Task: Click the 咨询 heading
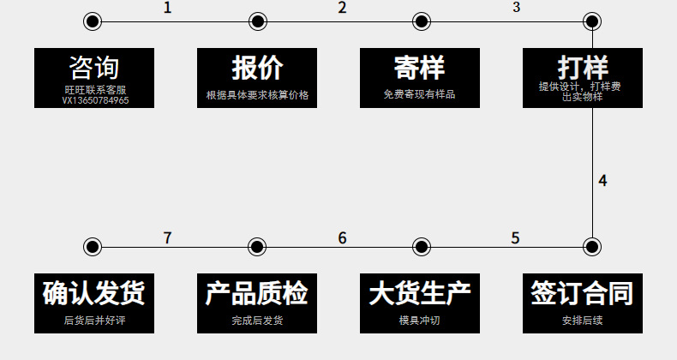94,68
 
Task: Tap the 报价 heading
257,68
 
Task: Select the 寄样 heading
420,68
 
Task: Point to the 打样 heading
583,67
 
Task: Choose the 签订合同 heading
583,293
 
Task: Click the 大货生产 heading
420,293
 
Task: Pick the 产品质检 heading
257,293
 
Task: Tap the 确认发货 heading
94,293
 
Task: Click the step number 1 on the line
167,9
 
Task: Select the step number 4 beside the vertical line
603,181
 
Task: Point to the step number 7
167,238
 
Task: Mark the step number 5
515,238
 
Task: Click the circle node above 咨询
93,21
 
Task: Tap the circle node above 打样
591,21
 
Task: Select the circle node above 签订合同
591,247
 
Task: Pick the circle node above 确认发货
93,247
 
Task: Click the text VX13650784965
95,100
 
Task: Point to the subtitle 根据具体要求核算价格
257,95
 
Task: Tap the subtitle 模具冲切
420,321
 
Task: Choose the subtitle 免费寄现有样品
420,94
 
